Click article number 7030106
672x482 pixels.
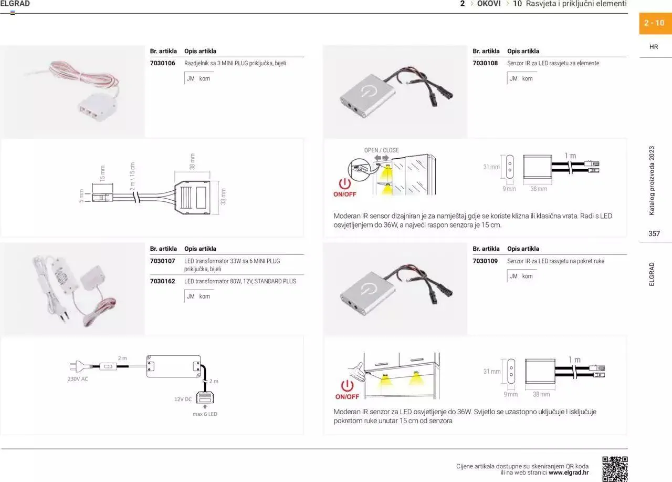tap(162, 63)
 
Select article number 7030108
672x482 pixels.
tap(485, 63)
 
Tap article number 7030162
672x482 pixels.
tap(162, 281)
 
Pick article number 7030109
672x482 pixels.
tap(485, 261)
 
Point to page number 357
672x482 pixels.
tap(654, 233)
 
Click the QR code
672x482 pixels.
tap(615, 469)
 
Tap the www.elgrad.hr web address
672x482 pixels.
tap(569, 473)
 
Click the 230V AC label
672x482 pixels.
tap(78, 379)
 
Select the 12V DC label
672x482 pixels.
tap(183, 399)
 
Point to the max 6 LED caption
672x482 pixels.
tap(205, 414)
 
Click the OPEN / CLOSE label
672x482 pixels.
tap(381, 150)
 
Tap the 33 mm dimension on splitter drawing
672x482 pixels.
tap(223, 197)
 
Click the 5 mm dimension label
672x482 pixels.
tap(81, 196)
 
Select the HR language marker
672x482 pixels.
tap(654, 47)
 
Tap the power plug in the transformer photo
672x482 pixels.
tap(64, 314)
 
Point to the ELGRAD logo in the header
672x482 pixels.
tap(15, 4)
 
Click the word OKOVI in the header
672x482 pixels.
tap(489, 4)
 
